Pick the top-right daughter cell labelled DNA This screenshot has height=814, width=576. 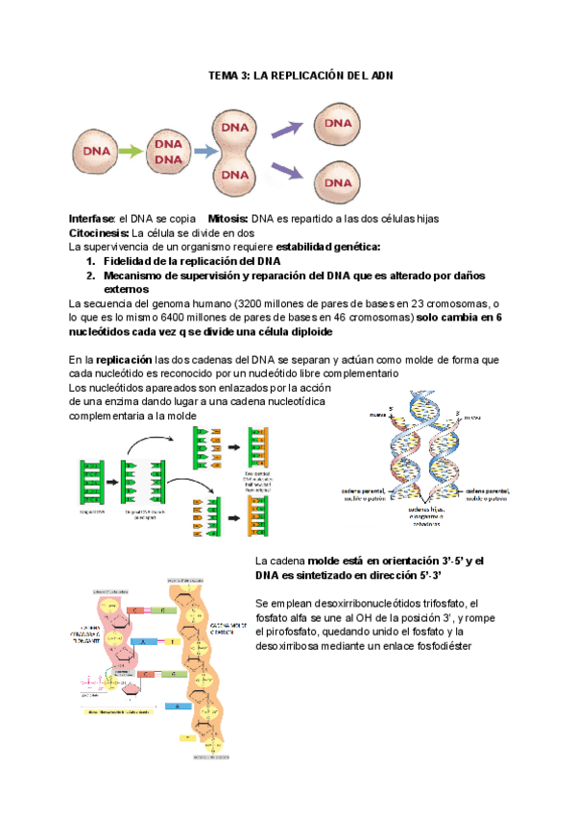[344, 124]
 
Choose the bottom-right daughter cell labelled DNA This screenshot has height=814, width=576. [344, 179]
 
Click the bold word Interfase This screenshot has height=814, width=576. [92, 219]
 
